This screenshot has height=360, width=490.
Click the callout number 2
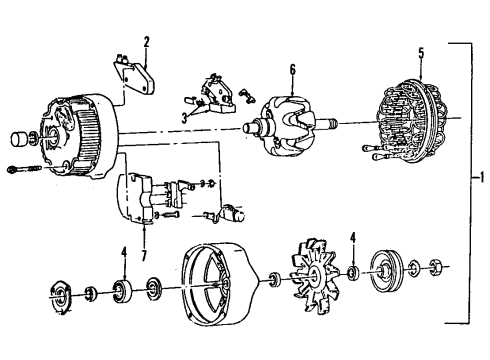146,42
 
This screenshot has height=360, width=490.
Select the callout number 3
184,117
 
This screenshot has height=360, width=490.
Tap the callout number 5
421,51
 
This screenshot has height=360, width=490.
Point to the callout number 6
292,70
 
